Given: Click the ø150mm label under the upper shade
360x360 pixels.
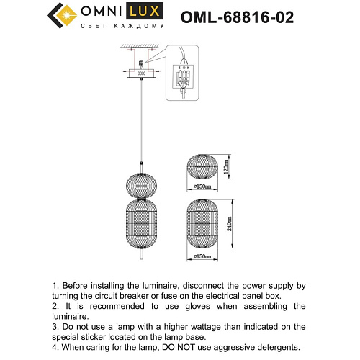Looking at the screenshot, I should [204, 187].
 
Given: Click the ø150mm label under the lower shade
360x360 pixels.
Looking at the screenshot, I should [204, 256].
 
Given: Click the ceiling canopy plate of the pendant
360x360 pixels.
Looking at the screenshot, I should [141, 72].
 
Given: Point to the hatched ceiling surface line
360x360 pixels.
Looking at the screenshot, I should [141, 48].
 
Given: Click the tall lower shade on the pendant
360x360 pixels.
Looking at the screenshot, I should [141, 222].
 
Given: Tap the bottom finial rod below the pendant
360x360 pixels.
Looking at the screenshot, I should [141, 254].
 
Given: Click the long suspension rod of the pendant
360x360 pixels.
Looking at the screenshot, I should [141, 122].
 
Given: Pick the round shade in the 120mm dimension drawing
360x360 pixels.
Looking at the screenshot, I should [199, 168].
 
